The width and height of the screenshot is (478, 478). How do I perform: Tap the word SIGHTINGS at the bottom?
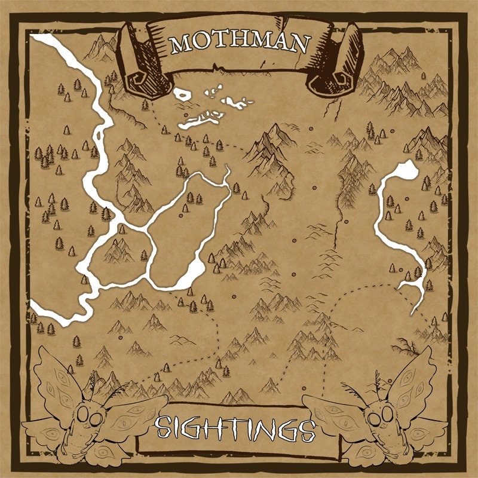(235, 428)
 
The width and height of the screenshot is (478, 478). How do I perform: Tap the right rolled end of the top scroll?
(335, 66)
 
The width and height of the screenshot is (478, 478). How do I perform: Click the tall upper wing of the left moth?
(57, 376)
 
